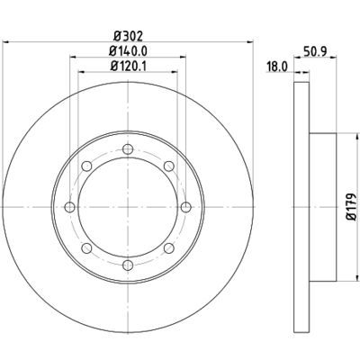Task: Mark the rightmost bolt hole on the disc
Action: click(x=184, y=208)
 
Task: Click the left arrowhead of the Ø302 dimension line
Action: click(x=5, y=42)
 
